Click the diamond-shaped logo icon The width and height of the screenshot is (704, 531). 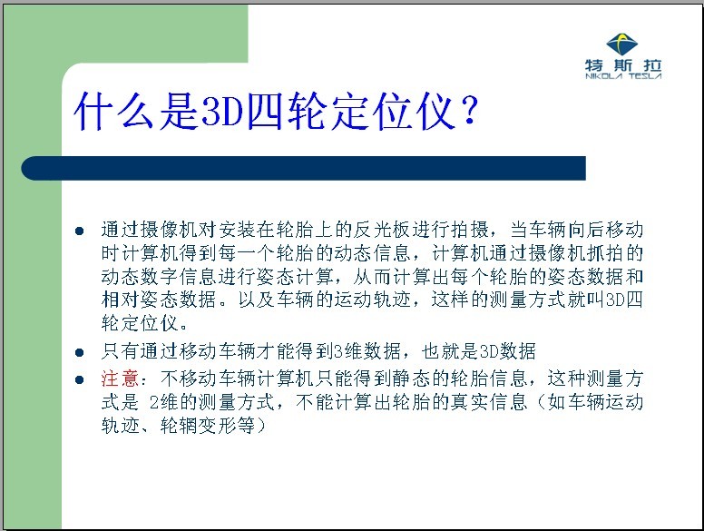pyautogui.click(x=621, y=44)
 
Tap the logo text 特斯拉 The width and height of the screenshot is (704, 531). pyautogui.click(x=623, y=65)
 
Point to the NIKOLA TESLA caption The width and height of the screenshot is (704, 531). pyautogui.click(x=623, y=76)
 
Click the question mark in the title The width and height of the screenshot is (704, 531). pyautogui.click(x=470, y=111)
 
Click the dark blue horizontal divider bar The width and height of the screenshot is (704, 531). pyautogui.click(x=304, y=169)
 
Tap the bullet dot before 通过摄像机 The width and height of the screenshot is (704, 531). pyautogui.click(x=80, y=231)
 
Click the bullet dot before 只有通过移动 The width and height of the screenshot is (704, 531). pyautogui.click(x=80, y=353)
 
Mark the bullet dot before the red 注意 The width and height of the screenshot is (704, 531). pyautogui.click(x=80, y=380)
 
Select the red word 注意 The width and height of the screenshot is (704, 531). pyautogui.click(x=121, y=379)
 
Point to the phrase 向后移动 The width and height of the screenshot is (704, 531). pyautogui.click(x=606, y=229)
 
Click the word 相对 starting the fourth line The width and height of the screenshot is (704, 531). pyautogui.click(x=121, y=300)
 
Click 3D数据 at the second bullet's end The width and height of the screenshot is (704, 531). pyautogui.click(x=507, y=351)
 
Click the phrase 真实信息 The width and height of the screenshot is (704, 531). pyautogui.click(x=489, y=401)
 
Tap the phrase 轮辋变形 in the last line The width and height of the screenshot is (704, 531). pyautogui.click(x=198, y=425)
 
